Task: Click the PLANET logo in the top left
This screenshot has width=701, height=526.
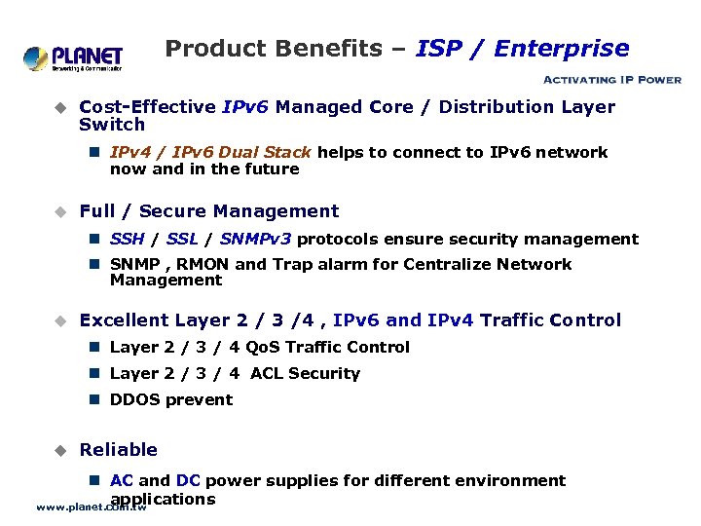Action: pyautogui.click(x=73, y=58)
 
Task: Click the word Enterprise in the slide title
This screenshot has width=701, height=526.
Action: pyautogui.click(x=562, y=49)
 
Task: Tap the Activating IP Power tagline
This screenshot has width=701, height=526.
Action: pyautogui.click(x=610, y=80)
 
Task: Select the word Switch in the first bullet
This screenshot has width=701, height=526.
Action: pyautogui.click(x=111, y=125)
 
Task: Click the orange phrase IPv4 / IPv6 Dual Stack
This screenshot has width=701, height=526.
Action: pyautogui.click(x=210, y=153)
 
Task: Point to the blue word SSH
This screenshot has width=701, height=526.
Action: pyautogui.click(x=127, y=240)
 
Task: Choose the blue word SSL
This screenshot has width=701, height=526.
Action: pyautogui.click(x=182, y=240)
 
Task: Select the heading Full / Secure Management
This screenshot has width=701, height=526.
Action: pyautogui.click(x=208, y=211)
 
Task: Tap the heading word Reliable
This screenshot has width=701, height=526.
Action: pyautogui.click(x=118, y=450)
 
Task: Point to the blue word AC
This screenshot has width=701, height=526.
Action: pyautogui.click(x=122, y=481)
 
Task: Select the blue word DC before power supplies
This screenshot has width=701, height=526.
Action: pyautogui.click(x=188, y=481)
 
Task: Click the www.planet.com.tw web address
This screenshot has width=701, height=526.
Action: pyautogui.click(x=91, y=507)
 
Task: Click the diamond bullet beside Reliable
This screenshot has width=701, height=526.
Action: pyautogui.click(x=58, y=450)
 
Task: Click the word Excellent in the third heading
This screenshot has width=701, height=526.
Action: pyautogui.click(x=124, y=320)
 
